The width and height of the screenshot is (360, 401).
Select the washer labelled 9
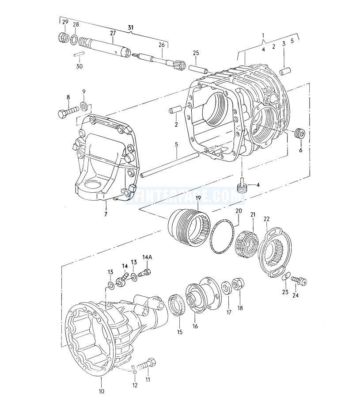83,106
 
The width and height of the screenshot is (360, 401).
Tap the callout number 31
131,28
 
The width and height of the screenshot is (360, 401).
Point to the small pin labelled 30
79,54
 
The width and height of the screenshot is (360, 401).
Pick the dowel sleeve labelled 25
198,69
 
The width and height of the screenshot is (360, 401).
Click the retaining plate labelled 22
274,252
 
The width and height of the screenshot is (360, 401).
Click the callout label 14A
148,257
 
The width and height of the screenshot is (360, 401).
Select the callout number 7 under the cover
106,215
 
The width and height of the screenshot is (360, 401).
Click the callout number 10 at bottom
101,391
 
